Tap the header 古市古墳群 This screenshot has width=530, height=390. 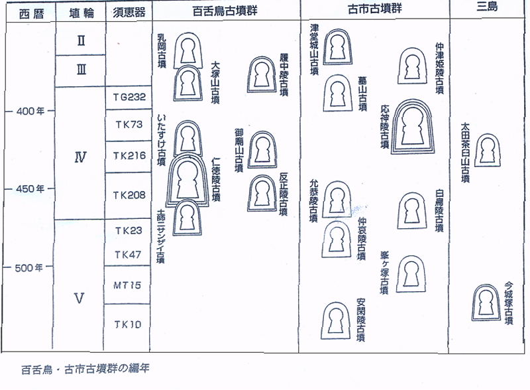[x=374, y=11]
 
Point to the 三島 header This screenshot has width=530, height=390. [x=486, y=10]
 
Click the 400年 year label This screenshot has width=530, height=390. [x=28, y=111]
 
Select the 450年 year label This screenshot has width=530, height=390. [x=28, y=188]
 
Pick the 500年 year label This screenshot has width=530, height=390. [x=28, y=267]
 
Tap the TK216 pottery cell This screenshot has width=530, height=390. [x=127, y=157]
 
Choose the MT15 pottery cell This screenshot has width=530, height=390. [x=127, y=285]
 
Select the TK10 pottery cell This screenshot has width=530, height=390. [x=127, y=324]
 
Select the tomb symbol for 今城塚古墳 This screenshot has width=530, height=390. [x=486, y=301]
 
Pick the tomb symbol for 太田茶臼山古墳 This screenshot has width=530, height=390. [x=487, y=151]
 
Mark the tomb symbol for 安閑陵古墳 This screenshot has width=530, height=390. [x=336, y=321]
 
